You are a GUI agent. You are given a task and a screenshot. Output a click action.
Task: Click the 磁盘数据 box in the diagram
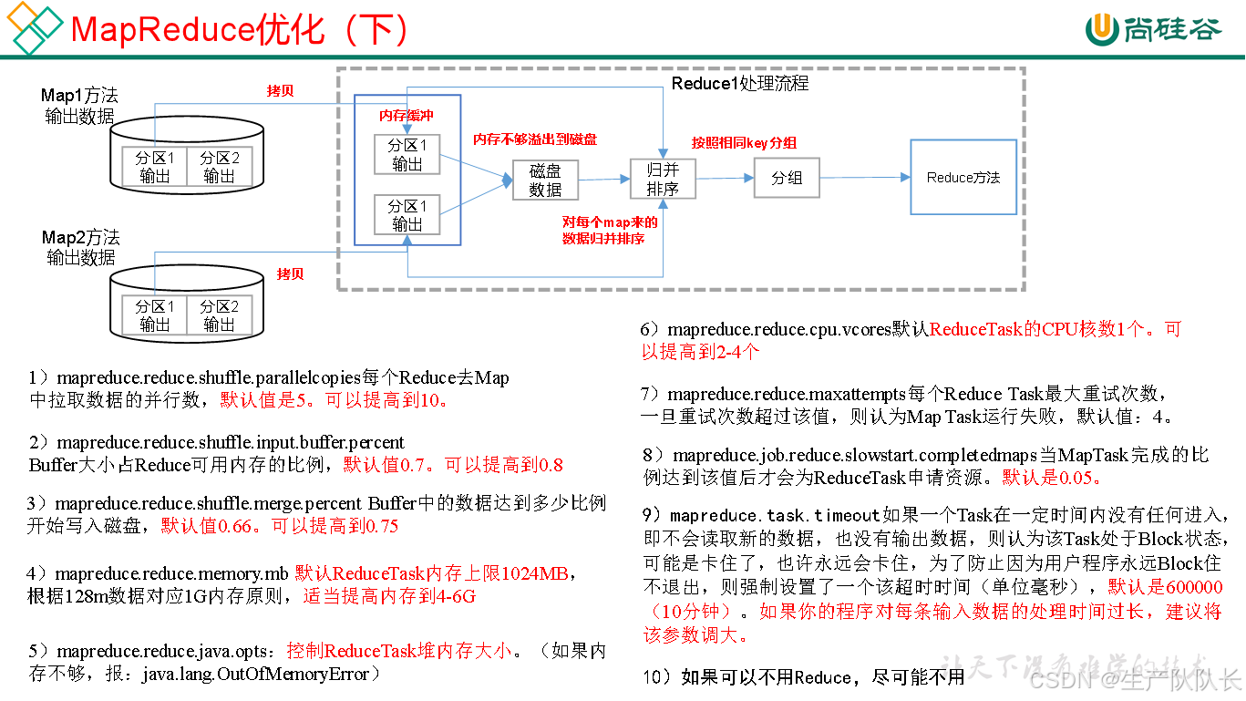545,180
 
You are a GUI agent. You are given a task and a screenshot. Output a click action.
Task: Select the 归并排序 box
663,180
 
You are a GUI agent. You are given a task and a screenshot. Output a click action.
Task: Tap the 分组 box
787,178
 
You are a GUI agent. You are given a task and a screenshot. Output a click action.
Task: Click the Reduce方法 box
963,178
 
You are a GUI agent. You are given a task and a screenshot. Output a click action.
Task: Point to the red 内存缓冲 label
407,117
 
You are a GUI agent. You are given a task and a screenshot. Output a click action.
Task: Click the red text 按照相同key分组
744,142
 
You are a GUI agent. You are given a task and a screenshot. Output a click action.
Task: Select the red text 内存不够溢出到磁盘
535,139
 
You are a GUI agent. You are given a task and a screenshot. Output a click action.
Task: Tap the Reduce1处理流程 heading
740,84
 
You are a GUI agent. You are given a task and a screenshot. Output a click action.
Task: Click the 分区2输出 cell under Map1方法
219,167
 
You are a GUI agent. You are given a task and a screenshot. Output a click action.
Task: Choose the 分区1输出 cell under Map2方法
155,315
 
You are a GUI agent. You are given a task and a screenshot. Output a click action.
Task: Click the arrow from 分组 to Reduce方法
865,178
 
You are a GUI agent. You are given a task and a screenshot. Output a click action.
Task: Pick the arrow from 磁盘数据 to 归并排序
604,179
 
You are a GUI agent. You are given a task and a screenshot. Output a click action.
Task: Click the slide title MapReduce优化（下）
240,30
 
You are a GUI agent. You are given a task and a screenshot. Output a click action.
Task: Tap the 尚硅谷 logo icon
1101,30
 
